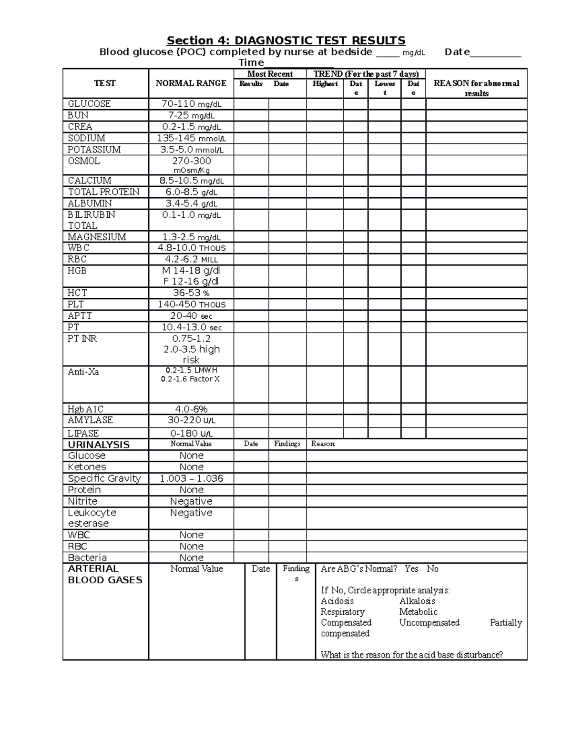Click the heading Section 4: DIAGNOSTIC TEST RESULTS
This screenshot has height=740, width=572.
pos(286,41)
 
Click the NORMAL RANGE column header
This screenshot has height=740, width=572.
pos(191,83)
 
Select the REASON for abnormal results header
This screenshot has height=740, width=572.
pos(476,88)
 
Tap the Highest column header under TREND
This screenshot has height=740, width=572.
pos(325,84)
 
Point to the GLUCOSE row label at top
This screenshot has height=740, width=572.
pos(89,104)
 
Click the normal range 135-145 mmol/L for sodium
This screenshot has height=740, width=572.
pos(191,138)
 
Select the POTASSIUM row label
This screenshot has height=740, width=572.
pos(94,150)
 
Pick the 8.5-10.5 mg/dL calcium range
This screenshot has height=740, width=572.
pos(191,181)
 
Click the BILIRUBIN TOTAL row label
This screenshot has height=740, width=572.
pos(91,220)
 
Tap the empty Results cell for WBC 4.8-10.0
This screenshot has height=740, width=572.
pos(251,248)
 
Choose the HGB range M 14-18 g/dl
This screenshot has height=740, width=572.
pos(191,271)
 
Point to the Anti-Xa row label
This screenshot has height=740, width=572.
pos(83,372)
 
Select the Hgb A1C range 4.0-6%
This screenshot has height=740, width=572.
pos(191,409)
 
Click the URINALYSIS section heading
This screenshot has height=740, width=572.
pos(99,445)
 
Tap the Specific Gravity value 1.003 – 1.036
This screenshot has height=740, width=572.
pos(191,478)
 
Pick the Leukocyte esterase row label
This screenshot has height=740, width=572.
pos(92,518)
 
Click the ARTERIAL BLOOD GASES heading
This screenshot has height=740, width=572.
pos(105,574)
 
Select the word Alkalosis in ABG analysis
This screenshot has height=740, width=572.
pos(417,601)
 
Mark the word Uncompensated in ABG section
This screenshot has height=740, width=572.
pos(429,622)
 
